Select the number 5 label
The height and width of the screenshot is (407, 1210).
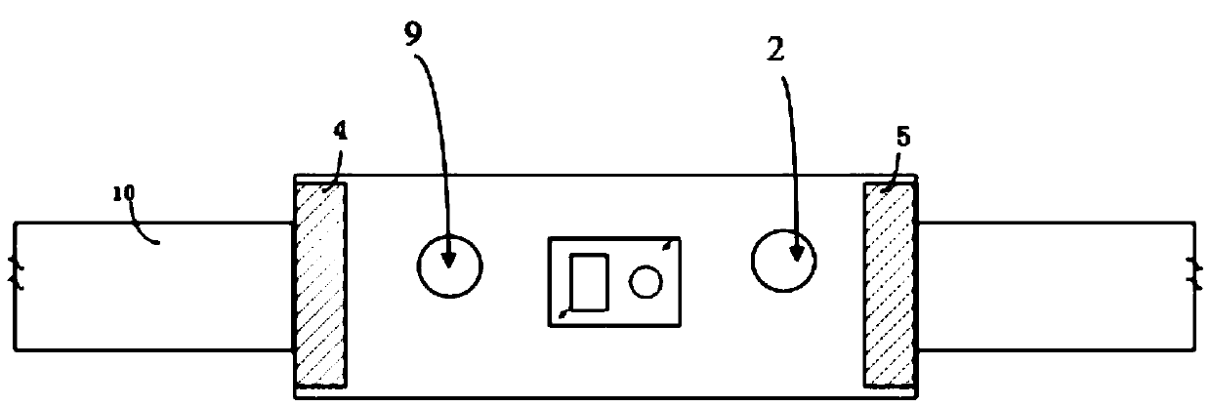pyautogui.click(x=903, y=137)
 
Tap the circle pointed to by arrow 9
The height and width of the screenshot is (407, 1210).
pyautogui.click(x=449, y=264)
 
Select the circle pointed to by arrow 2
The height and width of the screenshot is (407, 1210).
pyautogui.click(x=784, y=260)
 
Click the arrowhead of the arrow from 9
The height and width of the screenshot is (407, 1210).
pyautogui.click(x=448, y=259)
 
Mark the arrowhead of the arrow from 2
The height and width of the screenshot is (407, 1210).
pyautogui.click(x=795, y=254)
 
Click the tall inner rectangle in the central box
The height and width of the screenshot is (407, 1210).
pyautogui.click(x=589, y=281)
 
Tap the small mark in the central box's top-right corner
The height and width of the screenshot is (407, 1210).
pyautogui.click(x=667, y=245)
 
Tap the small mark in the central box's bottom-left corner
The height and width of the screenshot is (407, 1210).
pyautogui.click(x=562, y=313)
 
